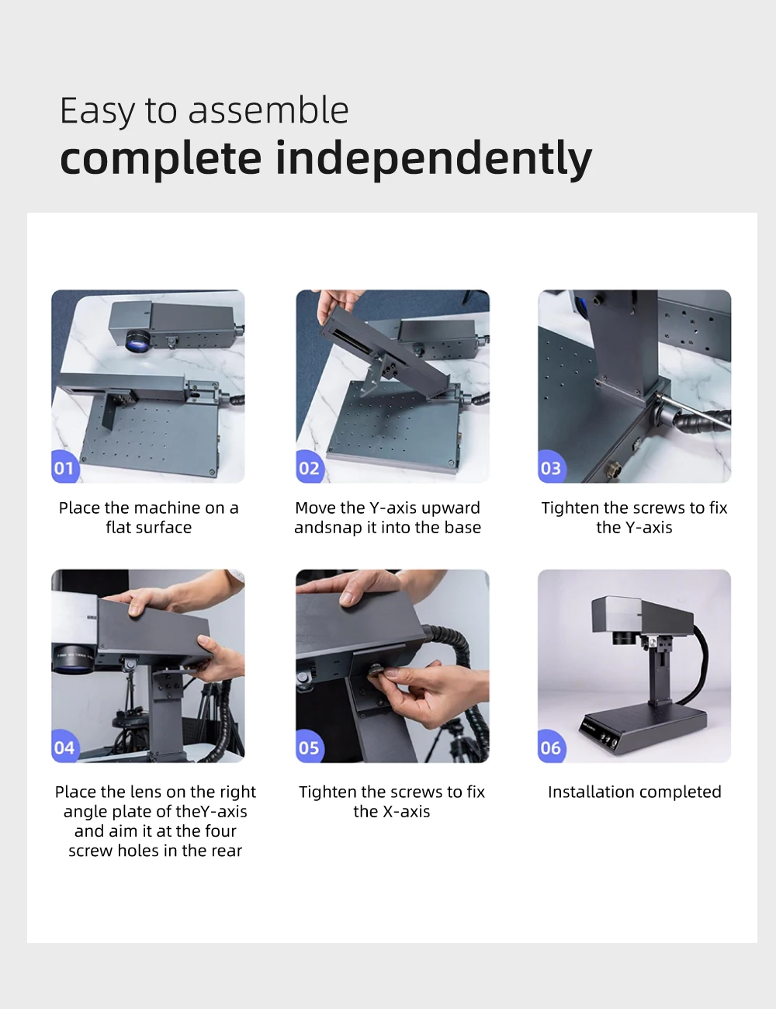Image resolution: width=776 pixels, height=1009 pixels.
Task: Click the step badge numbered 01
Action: pyautogui.click(x=64, y=467)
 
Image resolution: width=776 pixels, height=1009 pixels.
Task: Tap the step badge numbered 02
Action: pyautogui.click(x=309, y=467)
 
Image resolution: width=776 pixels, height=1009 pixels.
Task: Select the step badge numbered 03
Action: pyautogui.click(x=551, y=467)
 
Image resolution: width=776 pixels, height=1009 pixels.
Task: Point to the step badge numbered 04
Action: pyautogui.click(x=64, y=747)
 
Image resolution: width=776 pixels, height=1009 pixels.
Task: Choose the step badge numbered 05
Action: pyautogui.click(x=309, y=747)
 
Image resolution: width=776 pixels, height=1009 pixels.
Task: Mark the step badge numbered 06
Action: pyautogui.click(x=551, y=747)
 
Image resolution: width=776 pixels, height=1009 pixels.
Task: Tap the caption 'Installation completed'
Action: pyautogui.click(x=635, y=792)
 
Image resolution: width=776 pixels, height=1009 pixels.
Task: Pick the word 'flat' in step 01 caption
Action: pyautogui.click(x=116, y=528)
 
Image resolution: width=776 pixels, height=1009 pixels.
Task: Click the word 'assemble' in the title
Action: pyautogui.click(x=268, y=110)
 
